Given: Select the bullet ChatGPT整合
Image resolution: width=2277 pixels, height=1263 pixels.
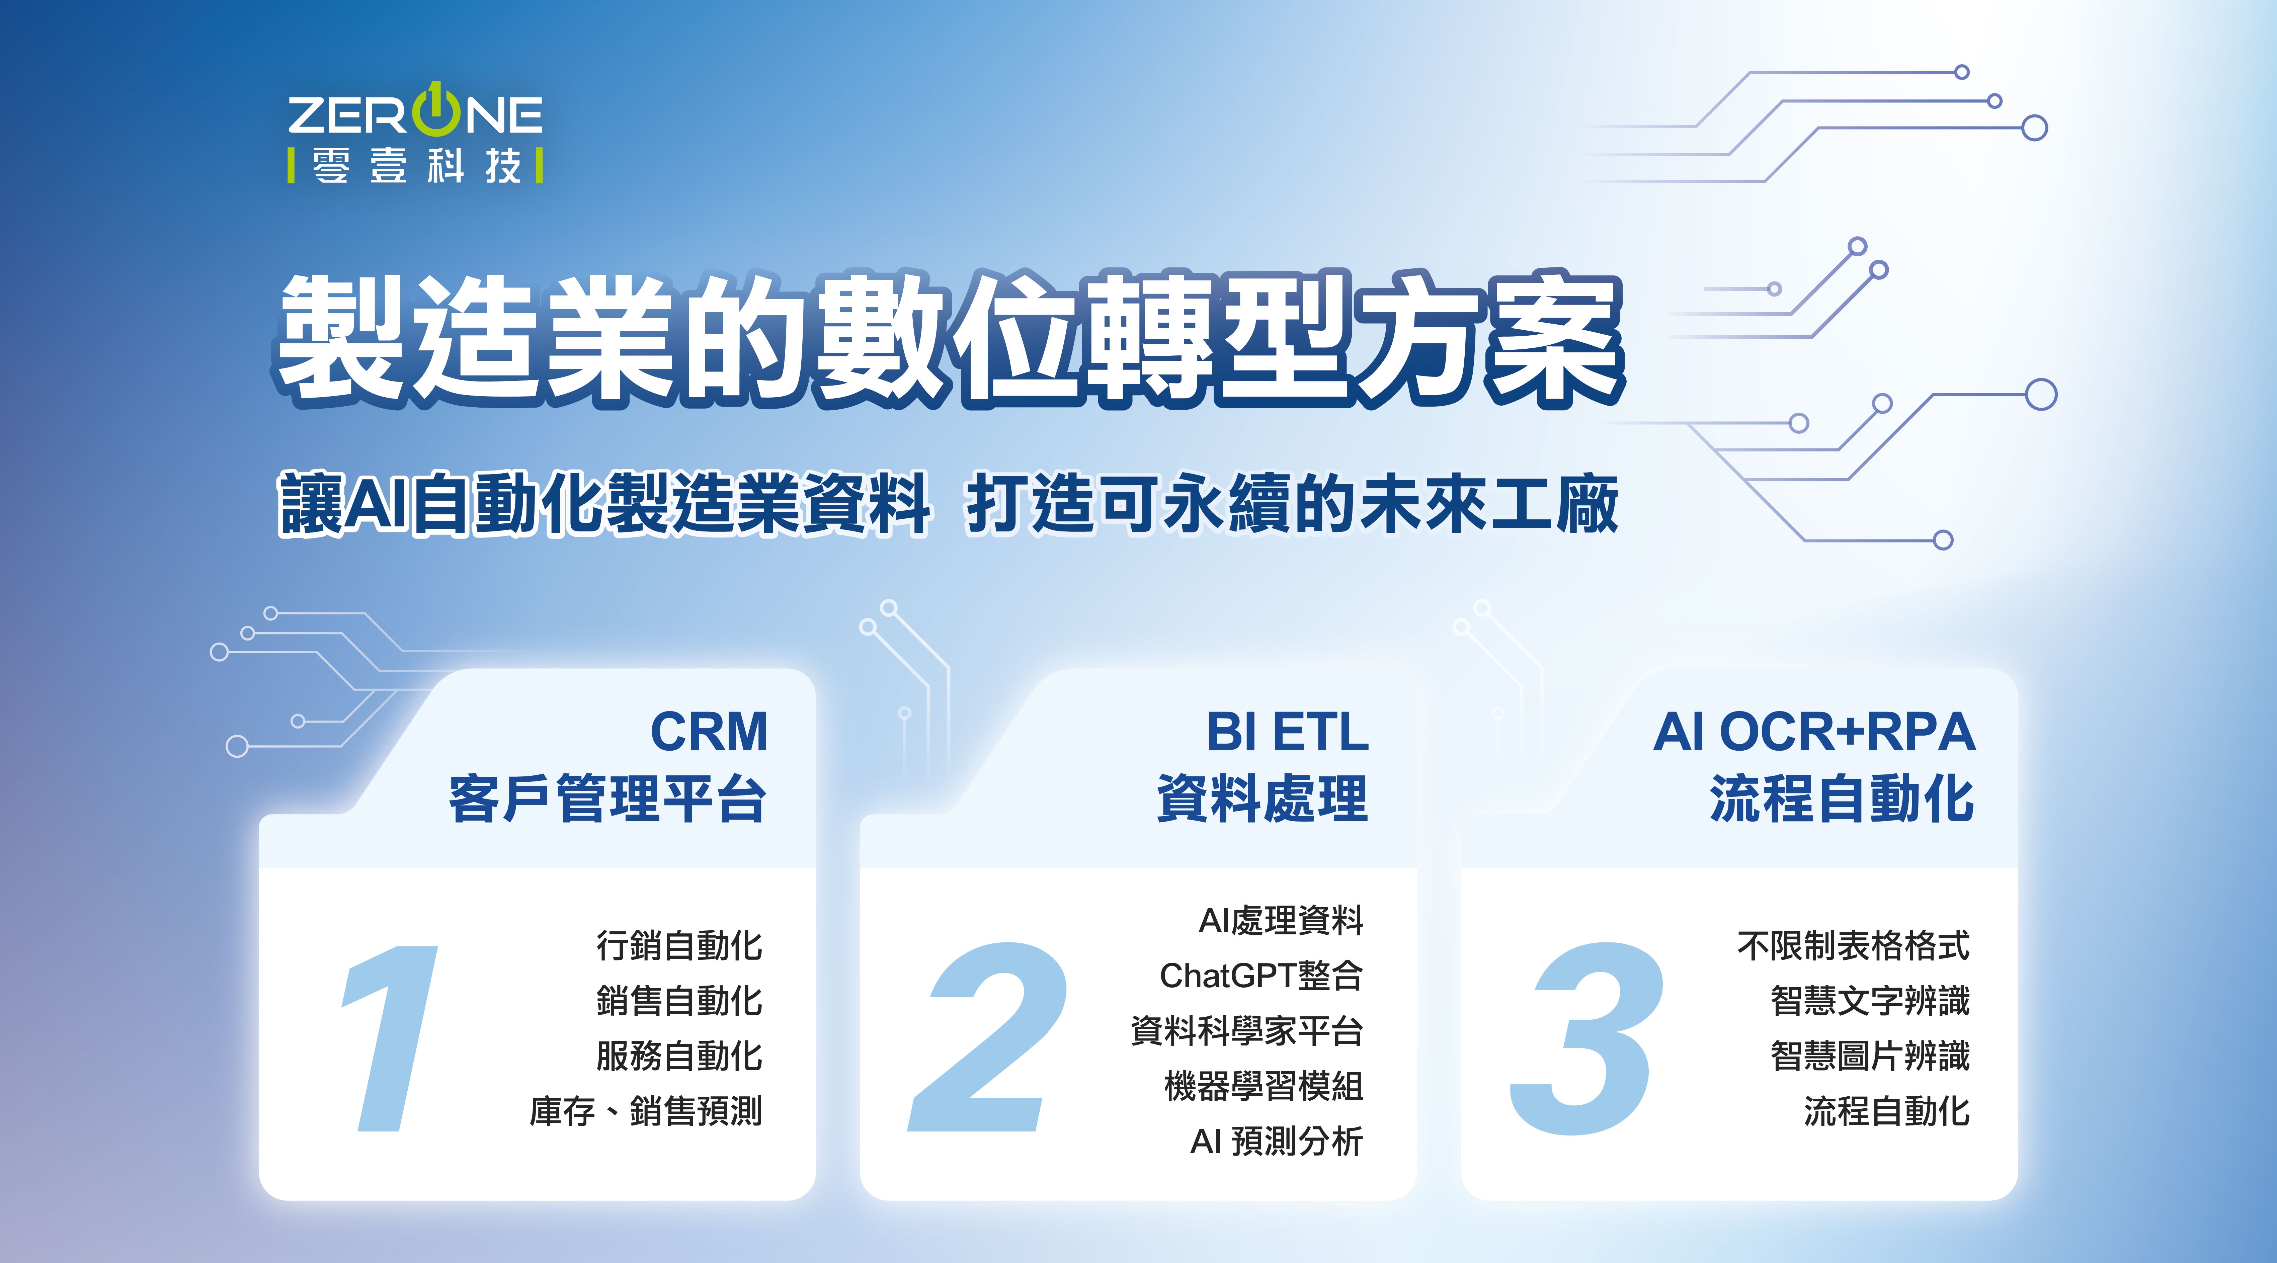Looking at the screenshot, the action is [1262, 976].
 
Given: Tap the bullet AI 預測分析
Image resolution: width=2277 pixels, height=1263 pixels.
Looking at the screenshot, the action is [1276, 1141].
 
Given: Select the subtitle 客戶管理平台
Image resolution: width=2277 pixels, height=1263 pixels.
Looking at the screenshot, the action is [607, 799].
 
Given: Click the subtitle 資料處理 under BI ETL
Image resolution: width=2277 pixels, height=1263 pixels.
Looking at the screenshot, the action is [1262, 799].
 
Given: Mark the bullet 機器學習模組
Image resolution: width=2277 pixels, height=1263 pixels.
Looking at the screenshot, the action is [1264, 1086].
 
